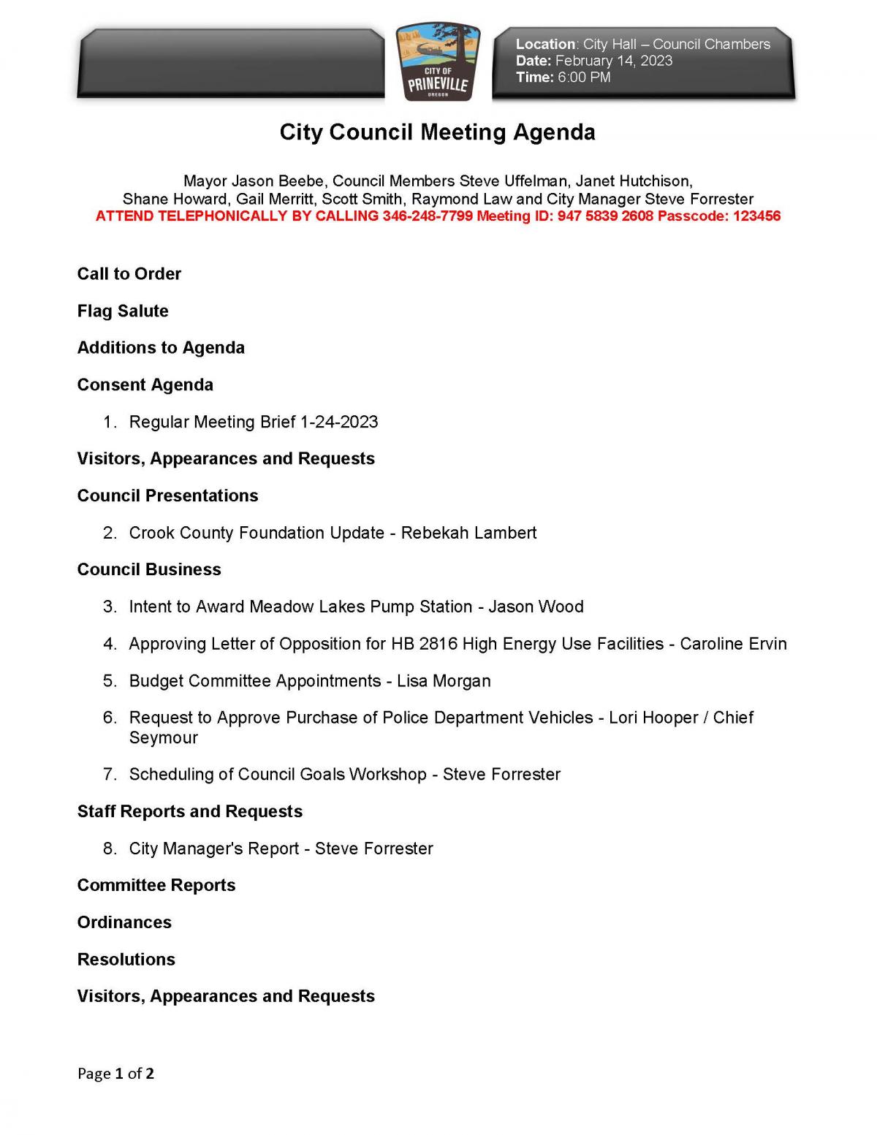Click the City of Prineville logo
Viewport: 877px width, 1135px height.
pos(438,62)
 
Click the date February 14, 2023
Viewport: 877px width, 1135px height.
pos(613,61)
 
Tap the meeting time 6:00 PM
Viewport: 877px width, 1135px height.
pos(583,77)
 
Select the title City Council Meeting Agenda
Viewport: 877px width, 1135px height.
pos(437,132)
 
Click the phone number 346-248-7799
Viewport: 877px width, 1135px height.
pos(427,216)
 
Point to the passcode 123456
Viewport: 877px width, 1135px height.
pos(756,216)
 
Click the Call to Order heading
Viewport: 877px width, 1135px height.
pos(129,274)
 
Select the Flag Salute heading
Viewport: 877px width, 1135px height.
pos(123,311)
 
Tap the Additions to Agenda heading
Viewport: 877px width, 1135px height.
pos(161,348)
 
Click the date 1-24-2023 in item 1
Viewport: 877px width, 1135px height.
pos(339,422)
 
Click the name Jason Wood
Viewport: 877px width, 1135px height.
pos(536,607)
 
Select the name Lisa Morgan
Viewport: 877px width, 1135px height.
pos(444,681)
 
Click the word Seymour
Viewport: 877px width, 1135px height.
pos(163,738)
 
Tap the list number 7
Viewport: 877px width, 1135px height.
pos(109,775)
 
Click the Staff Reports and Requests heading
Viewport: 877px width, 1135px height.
pos(189,812)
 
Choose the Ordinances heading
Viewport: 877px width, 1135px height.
pos(124,922)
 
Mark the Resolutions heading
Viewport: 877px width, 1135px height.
pos(126,960)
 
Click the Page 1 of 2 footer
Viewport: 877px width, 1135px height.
pos(115,1074)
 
